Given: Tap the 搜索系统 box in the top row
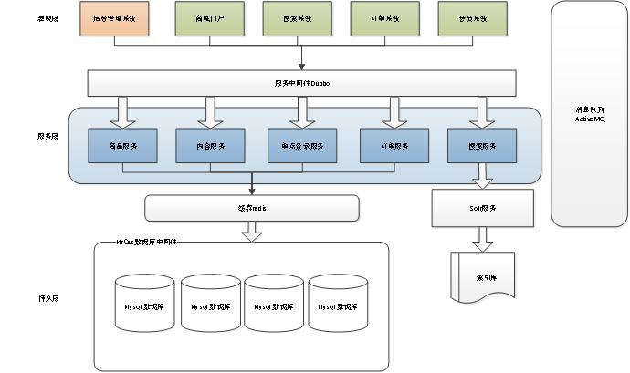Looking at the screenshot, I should point(299,18).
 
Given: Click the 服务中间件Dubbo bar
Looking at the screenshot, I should point(301,82).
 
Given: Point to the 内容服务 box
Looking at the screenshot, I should point(211,146).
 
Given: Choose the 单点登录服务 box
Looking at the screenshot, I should point(301,146).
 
